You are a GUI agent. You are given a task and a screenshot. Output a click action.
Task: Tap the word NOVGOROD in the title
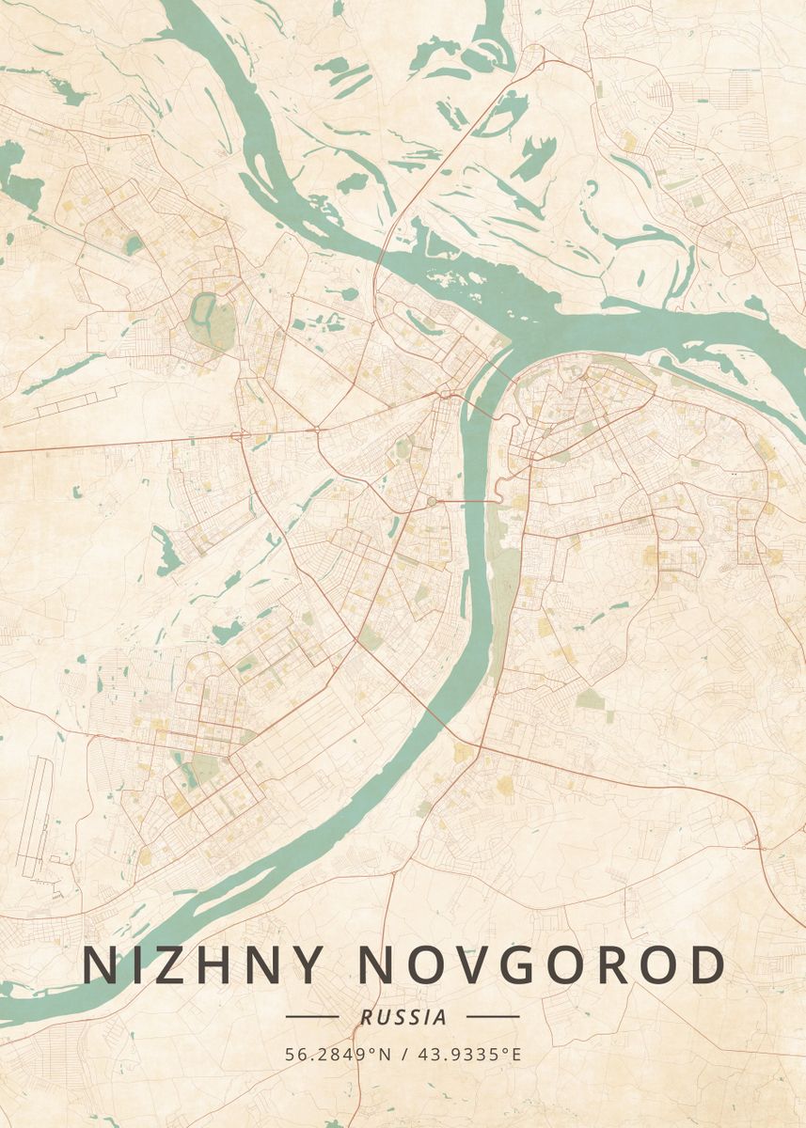click(x=543, y=965)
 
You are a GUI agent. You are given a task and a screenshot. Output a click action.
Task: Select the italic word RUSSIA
click(x=403, y=1016)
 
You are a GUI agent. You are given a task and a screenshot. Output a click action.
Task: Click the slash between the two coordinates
click(x=403, y=1054)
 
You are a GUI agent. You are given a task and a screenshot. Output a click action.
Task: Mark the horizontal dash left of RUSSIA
click(x=311, y=1016)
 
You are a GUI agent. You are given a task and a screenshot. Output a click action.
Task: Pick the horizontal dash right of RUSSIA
click(x=493, y=1016)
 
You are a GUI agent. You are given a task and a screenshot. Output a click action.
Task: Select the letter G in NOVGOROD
click(x=541, y=965)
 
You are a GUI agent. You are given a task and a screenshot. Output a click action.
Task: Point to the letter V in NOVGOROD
click(x=486, y=965)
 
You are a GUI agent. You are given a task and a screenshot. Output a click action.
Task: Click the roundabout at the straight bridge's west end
click(x=432, y=502)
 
